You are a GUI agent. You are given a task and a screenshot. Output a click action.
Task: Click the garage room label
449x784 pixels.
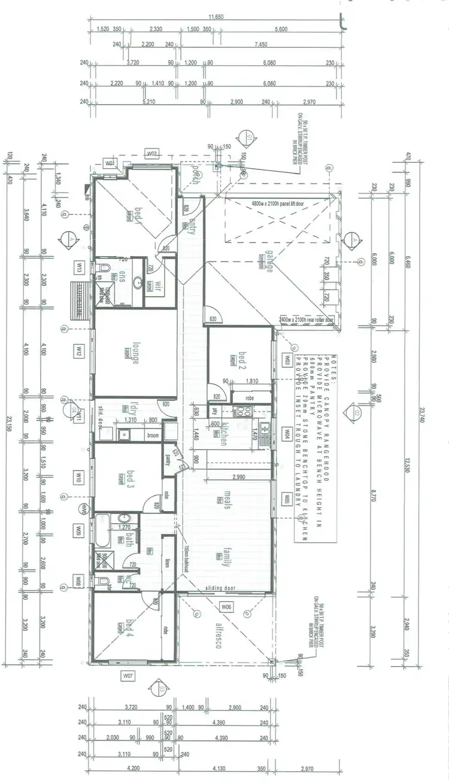pyautogui.click(x=270, y=261)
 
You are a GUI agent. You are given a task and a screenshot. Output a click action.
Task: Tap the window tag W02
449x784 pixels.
pyautogui.click(x=152, y=154)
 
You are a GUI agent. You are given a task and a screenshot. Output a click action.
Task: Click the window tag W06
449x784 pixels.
pyautogui.click(x=226, y=607)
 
